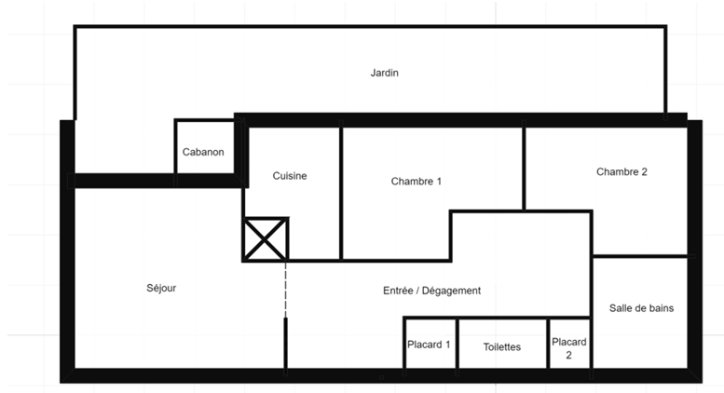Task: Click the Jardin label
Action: pyautogui.click(x=384, y=73)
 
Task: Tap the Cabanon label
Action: pyautogui.click(x=203, y=152)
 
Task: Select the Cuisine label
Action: pyautogui.click(x=290, y=176)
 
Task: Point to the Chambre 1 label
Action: pyautogui.click(x=416, y=182)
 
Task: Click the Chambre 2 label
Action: pyautogui.click(x=622, y=172)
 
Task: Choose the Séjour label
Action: pyautogui.click(x=161, y=288)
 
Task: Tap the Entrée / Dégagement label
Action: pyautogui.click(x=431, y=291)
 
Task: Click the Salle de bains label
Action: pyautogui.click(x=641, y=308)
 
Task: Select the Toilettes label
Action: pyautogui.click(x=502, y=346)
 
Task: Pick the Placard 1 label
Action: pyautogui.click(x=429, y=345)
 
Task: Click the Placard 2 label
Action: pyautogui.click(x=568, y=348)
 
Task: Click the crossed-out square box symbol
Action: pyautogui.click(x=265, y=239)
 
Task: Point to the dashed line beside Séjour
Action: pyautogui.click(x=285, y=290)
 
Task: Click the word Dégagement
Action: pyautogui.click(x=451, y=291)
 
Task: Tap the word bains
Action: pyautogui.click(x=662, y=308)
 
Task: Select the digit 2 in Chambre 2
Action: pyautogui.click(x=644, y=172)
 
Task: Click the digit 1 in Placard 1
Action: pyautogui.click(x=447, y=345)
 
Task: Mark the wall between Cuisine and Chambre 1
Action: pyautogui.click(x=341, y=192)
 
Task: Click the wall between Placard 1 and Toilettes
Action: pyautogui.click(x=458, y=344)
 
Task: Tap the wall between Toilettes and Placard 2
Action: pyautogui.click(x=548, y=344)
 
